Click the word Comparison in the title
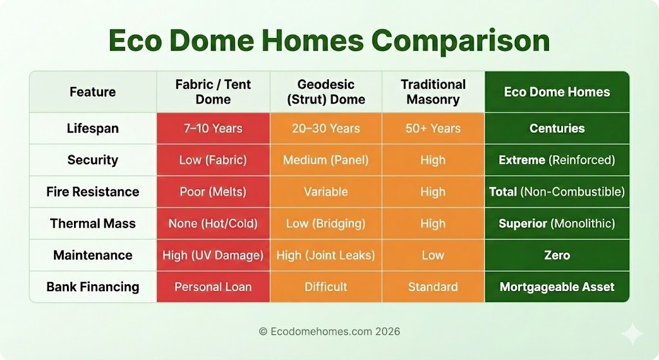click(x=461, y=41)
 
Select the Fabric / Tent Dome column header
click(x=213, y=91)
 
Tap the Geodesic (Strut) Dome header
click(x=326, y=91)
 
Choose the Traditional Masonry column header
click(x=433, y=91)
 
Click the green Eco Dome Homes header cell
click(x=557, y=91)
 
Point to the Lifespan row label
click(x=93, y=128)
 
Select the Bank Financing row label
click(x=93, y=287)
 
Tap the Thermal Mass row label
click(x=93, y=223)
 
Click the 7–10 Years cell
click(x=213, y=128)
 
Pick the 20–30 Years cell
click(x=326, y=128)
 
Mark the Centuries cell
click(x=557, y=128)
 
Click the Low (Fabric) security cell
click(x=213, y=160)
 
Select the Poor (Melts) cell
click(x=213, y=192)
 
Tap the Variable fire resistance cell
click(x=326, y=192)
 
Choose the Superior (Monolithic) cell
click(x=557, y=223)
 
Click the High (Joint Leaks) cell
click(x=326, y=255)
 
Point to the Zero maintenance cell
click(x=557, y=255)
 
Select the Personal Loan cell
click(x=213, y=287)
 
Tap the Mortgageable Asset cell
click(x=557, y=287)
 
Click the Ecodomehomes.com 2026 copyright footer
click(x=329, y=332)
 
